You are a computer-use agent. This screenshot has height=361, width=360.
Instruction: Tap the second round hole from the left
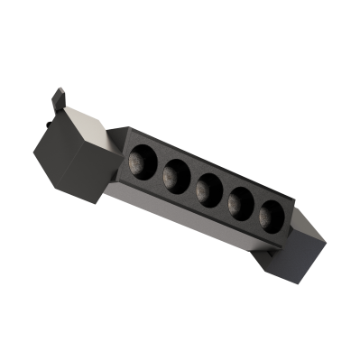174,171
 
